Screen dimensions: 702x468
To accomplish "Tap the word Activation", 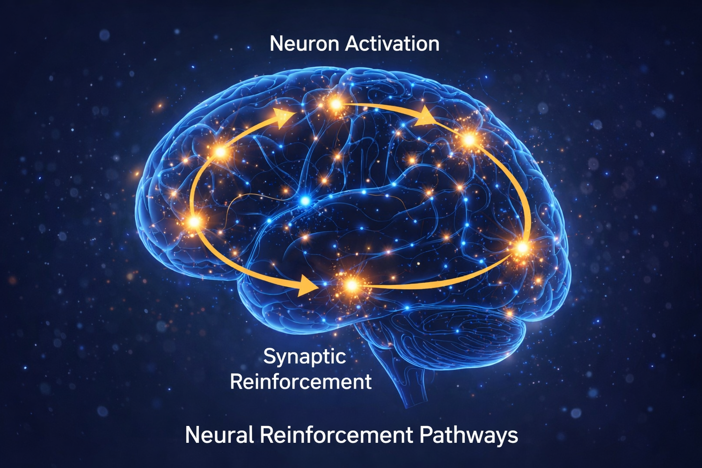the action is tap(392, 44).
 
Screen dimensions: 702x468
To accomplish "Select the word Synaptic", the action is tap(304, 356).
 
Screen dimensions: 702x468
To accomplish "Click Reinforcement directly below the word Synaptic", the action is tap(301, 381).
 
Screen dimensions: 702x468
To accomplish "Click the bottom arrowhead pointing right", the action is tap(305, 286).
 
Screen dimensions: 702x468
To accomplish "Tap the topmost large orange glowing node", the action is tap(336, 105).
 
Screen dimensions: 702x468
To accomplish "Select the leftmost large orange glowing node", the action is tap(194, 222).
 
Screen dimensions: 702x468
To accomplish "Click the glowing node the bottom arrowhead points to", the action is tap(351, 286).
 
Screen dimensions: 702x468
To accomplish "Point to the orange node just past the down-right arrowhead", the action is tap(469, 139).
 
